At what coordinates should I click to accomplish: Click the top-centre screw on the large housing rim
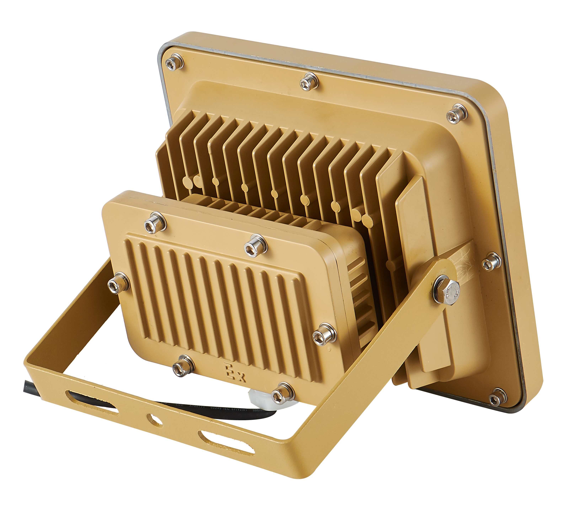click(x=309, y=81)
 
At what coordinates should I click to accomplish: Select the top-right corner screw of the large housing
click(x=457, y=114)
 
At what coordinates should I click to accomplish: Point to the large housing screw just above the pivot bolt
click(x=491, y=261)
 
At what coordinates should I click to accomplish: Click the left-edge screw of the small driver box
click(x=119, y=283)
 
